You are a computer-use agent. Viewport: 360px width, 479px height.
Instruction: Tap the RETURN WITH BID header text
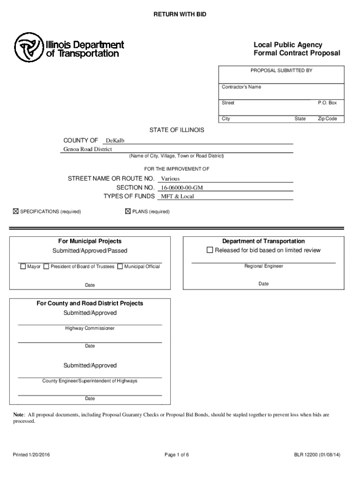point(180,15)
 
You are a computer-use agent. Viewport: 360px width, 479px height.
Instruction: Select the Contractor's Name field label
point(241,87)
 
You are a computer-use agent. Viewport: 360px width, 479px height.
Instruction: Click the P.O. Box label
point(327,103)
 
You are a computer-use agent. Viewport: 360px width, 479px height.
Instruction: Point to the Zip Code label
point(327,119)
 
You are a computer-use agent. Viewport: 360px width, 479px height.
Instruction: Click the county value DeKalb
point(115,141)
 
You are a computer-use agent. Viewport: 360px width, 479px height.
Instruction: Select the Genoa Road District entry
point(88,149)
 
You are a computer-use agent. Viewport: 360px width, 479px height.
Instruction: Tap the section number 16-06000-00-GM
point(182,188)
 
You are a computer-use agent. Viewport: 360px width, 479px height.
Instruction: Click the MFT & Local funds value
point(177,196)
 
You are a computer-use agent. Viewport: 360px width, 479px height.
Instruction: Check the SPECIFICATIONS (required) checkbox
point(15,212)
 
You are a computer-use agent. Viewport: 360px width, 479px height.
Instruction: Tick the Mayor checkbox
point(22,267)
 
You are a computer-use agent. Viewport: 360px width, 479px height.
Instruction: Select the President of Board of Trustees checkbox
point(46,267)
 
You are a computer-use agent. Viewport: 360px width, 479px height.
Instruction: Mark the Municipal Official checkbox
point(120,267)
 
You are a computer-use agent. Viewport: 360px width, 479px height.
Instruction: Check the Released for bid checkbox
point(210,250)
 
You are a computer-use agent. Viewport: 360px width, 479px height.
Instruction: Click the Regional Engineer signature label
point(264,266)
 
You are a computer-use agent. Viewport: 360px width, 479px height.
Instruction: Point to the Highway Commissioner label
point(90,328)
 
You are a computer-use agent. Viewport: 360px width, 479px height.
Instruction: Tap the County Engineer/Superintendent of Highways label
point(90,381)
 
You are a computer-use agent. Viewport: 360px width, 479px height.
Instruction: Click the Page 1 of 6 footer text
point(177,455)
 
